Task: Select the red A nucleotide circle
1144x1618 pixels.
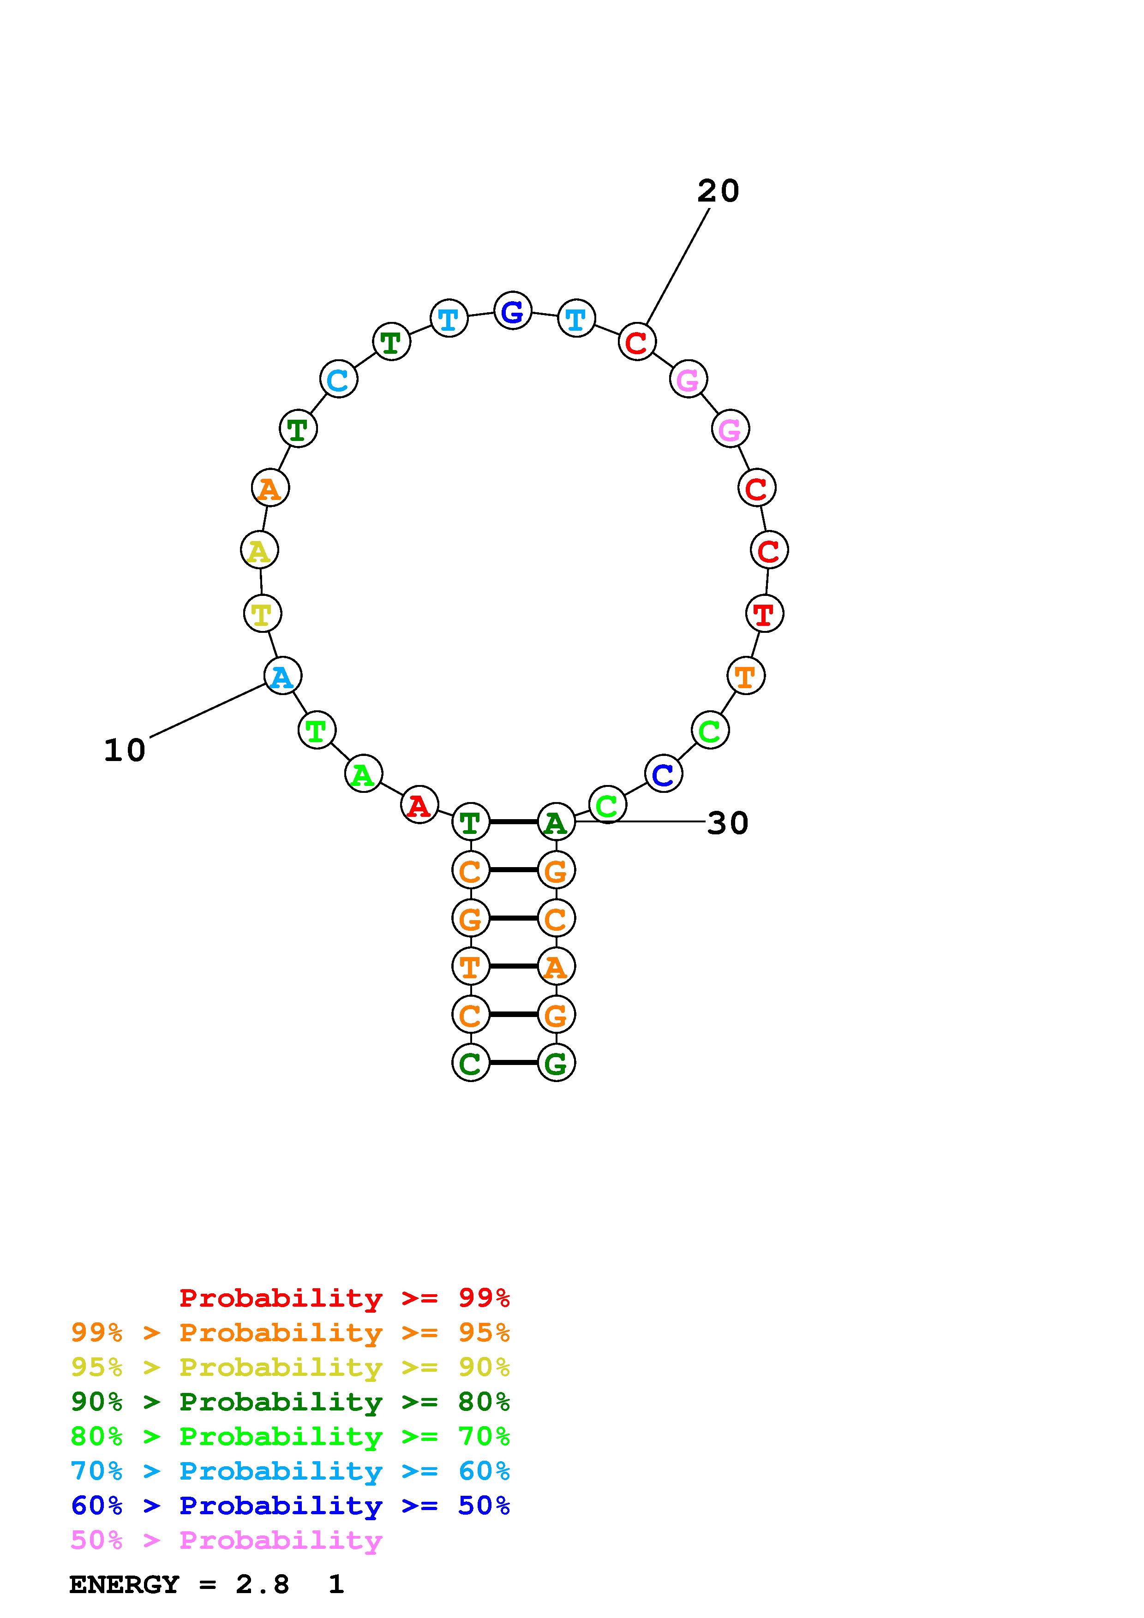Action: click(419, 805)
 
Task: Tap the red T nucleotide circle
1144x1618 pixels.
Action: click(764, 613)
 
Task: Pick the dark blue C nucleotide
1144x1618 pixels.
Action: click(663, 774)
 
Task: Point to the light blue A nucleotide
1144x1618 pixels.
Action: click(282, 676)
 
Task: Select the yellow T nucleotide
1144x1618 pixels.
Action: click(262, 613)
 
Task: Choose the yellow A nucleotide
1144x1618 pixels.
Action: click(259, 550)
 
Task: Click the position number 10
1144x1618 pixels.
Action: click(125, 750)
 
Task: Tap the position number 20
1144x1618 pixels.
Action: click(718, 191)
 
